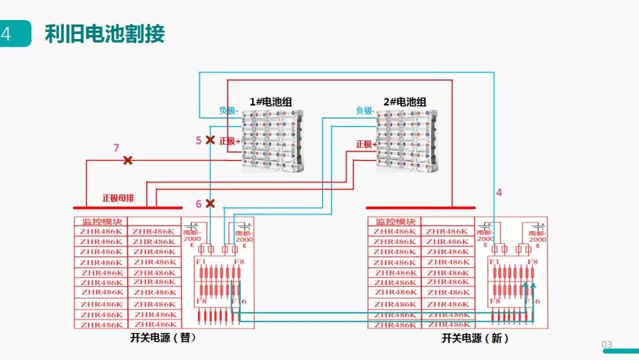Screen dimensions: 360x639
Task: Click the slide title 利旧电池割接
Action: [x=105, y=34]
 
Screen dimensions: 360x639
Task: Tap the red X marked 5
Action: [x=209, y=140]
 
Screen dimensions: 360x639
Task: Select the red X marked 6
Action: [x=209, y=204]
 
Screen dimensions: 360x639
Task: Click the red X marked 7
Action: [x=127, y=160]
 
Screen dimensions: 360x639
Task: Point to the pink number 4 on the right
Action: [x=499, y=192]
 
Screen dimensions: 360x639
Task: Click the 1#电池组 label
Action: [x=271, y=102]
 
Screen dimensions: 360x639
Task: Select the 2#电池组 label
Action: [x=405, y=102]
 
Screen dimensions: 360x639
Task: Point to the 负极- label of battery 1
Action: [x=229, y=110]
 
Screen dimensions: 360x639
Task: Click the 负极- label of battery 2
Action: [x=365, y=110]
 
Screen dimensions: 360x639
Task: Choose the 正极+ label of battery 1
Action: [x=230, y=142]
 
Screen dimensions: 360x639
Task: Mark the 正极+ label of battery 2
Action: [x=366, y=144]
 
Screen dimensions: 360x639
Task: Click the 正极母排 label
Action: [x=118, y=198]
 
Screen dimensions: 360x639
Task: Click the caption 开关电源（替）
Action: [x=163, y=338]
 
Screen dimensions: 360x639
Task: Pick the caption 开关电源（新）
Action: [x=475, y=338]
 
